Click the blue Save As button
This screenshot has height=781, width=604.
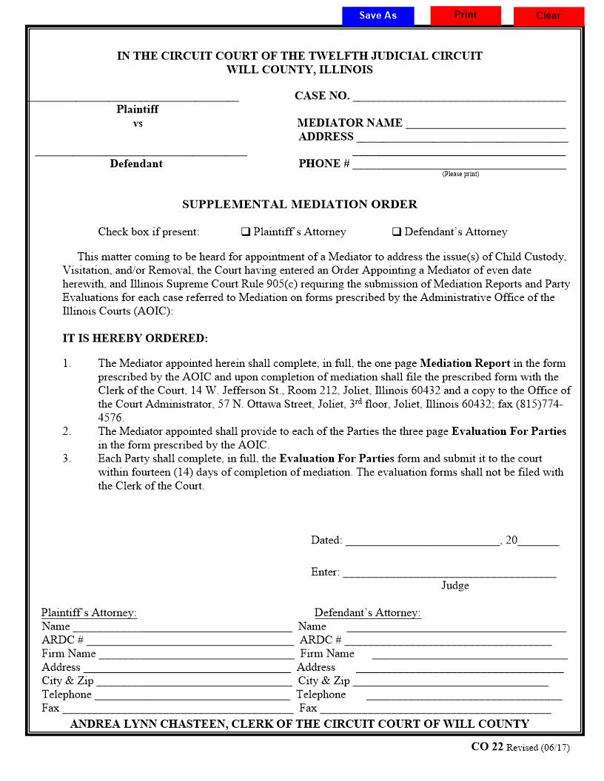pos(377,16)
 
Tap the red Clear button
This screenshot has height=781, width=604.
pos(548,16)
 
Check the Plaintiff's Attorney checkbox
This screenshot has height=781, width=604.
pos(246,232)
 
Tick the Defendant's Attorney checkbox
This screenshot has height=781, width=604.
pos(397,232)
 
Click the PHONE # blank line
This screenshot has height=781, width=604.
pos(459,163)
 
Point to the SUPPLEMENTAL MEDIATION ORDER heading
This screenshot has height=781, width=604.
pos(300,204)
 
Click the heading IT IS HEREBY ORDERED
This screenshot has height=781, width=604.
pos(135,339)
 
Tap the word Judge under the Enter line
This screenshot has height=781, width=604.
pos(455,586)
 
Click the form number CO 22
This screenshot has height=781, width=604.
pos(487,747)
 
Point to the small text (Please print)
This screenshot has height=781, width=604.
pos(460,175)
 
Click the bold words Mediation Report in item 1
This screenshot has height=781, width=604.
pos(465,363)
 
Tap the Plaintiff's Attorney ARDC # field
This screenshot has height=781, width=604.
pos(189,640)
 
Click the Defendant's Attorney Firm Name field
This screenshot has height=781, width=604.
pos(469,654)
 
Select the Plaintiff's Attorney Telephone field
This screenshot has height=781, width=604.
pos(192,694)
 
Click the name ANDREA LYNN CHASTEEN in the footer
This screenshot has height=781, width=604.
pos(148,724)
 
